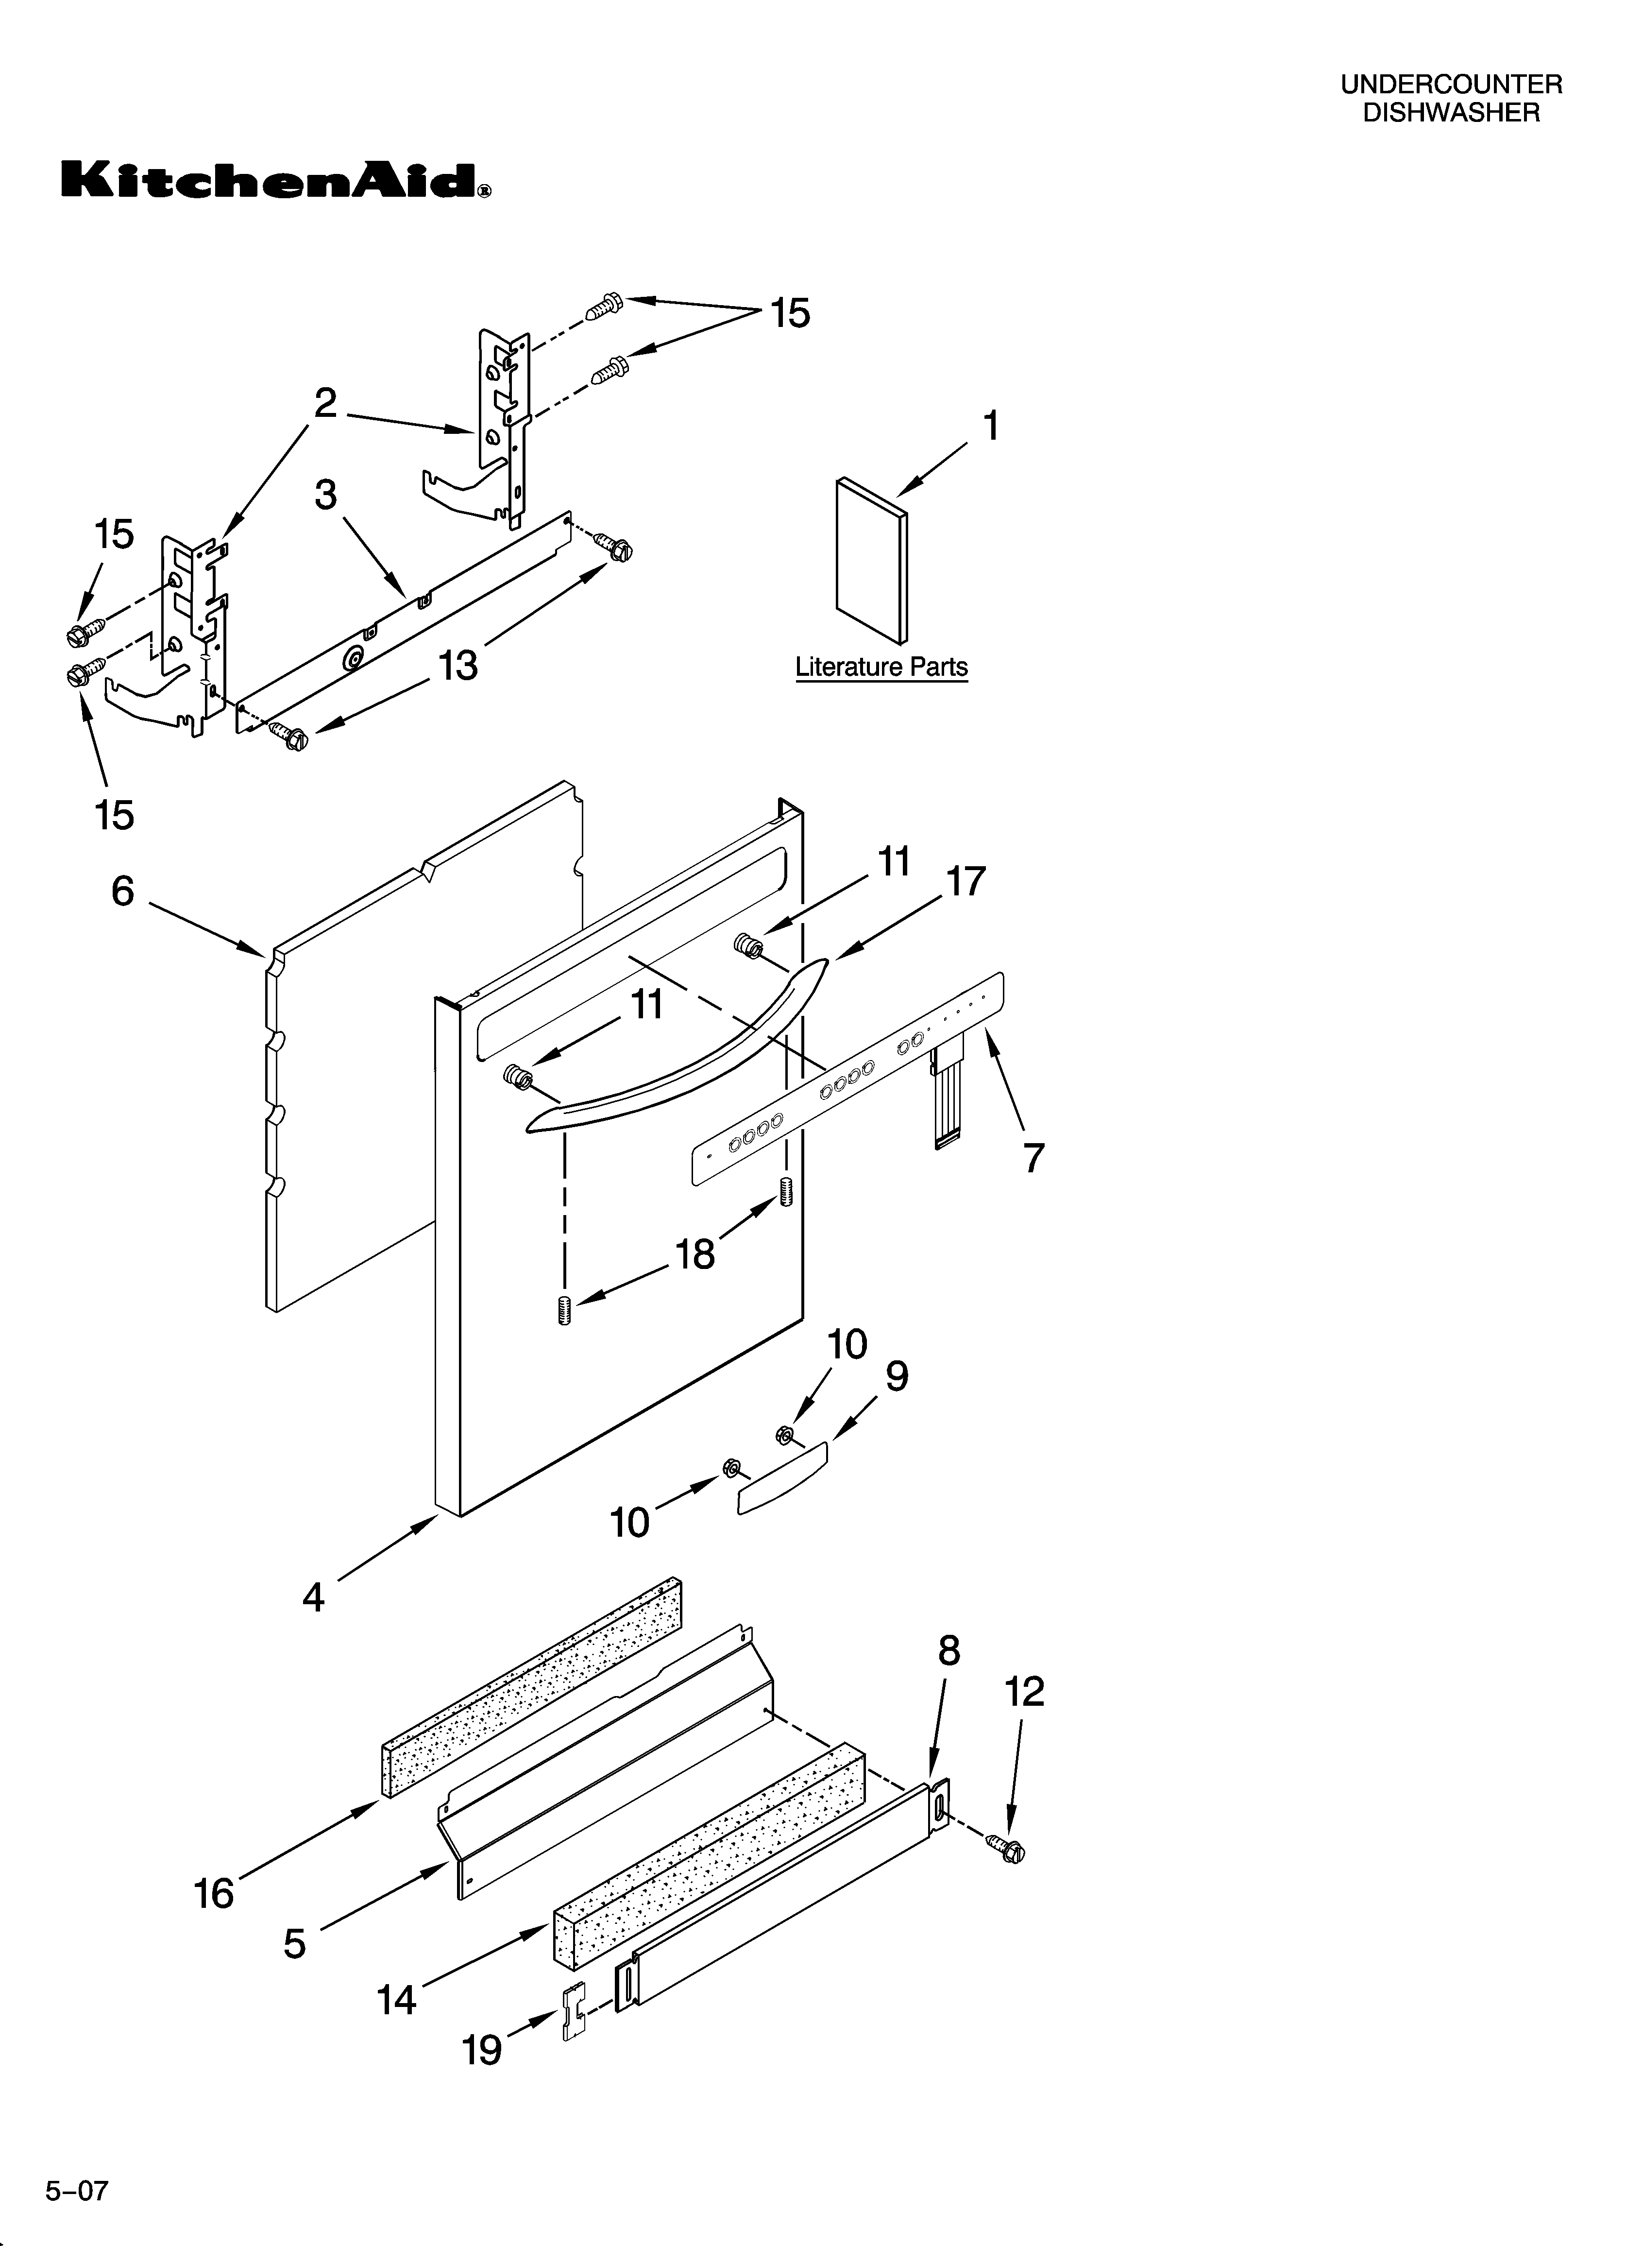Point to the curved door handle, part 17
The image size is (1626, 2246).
(x=683, y=1050)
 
